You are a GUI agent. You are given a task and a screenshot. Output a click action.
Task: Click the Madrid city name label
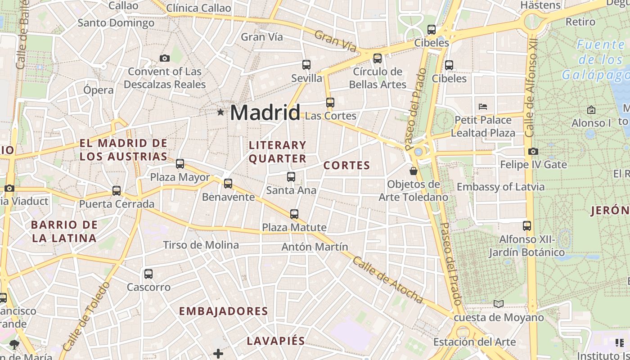point(265,112)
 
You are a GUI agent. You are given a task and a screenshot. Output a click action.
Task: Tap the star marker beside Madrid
point(220,112)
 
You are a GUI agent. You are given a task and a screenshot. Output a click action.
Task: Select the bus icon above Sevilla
point(306,65)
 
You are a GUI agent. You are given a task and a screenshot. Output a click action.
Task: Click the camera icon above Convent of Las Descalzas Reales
point(165,58)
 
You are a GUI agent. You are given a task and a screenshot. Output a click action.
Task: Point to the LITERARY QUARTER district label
point(278,152)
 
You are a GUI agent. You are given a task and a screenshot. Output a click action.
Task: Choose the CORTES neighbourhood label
point(346,166)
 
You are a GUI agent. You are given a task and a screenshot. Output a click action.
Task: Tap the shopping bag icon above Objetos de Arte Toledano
point(414,171)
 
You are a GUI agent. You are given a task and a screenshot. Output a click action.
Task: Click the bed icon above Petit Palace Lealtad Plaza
point(483,107)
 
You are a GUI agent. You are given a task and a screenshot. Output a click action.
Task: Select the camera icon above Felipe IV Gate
point(533,151)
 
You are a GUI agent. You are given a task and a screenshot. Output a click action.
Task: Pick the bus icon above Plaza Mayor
point(180,164)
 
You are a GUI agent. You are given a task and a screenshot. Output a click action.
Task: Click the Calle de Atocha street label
point(387,280)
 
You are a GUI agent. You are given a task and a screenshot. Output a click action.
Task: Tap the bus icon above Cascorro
point(148,274)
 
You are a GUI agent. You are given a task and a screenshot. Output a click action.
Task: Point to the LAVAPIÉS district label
point(275,341)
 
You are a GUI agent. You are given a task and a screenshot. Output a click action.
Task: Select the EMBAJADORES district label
point(223,311)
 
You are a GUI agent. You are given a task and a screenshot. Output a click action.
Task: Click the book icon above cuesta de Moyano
point(499,304)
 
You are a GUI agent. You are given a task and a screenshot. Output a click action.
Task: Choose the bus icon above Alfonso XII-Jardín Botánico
point(527,226)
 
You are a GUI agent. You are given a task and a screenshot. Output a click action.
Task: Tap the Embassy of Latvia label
point(500,187)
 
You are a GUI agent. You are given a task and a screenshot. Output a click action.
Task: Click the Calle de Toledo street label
point(86,317)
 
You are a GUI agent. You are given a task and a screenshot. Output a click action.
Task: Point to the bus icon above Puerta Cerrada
point(117,191)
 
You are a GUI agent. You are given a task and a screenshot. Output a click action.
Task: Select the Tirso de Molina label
point(201,245)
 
